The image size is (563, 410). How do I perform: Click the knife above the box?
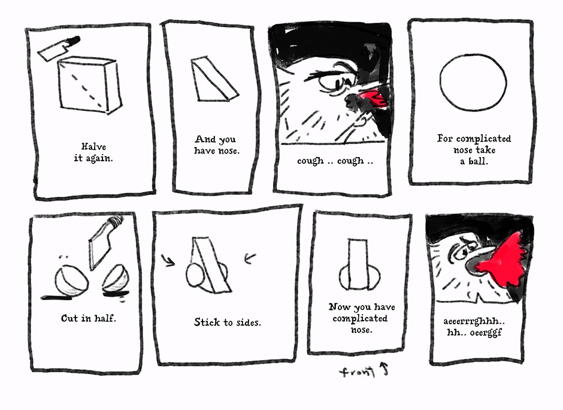pyautogui.click(x=59, y=48)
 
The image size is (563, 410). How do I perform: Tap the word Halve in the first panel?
pyautogui.click(x=93, y=147)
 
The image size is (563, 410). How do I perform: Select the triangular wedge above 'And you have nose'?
pyautogui.click(x=214, y=79)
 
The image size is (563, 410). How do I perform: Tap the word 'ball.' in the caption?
pyautogui.click(x=479, y=161)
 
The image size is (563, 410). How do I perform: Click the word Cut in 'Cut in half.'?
pyautogui.click(x=69, y=318)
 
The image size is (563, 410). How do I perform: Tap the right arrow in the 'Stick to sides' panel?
pyautogui.click(x=250, y=258)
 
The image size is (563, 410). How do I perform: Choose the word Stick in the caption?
pyautogui.click(x=207, y=322)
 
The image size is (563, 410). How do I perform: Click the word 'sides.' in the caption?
pyautogui.click(x=249, y=322)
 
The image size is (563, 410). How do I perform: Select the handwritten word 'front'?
pyautogui.click(x=357, y=372)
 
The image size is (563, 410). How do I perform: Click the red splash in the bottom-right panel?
pyautogui.click(x=502, y=260)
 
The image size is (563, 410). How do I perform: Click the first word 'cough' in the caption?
pyautogui.click(x=310, y=161)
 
